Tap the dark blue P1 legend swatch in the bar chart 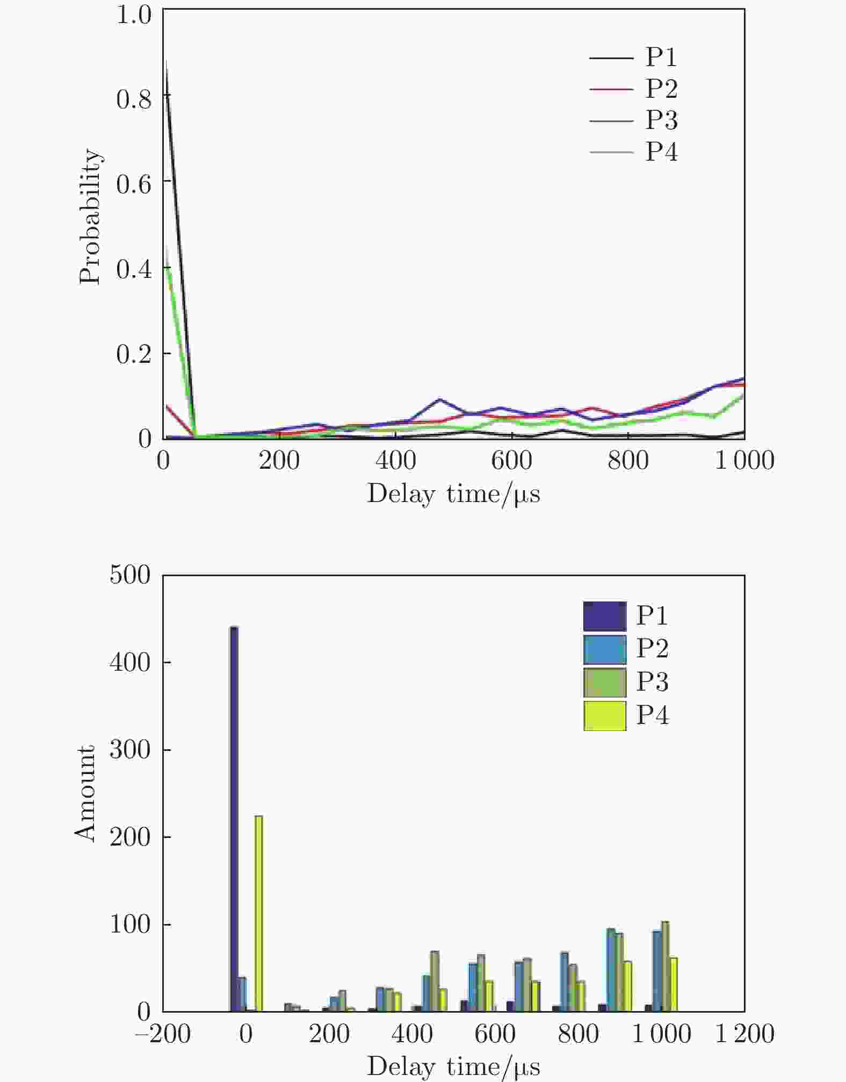point(605,617)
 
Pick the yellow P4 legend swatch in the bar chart point(605,716)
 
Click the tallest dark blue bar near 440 point(234,817)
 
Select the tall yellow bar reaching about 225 point(258,914)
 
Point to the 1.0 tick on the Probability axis point(134,15)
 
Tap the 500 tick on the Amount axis point(131,575)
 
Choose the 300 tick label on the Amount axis point(131,750)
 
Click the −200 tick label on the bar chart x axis point(163,1034)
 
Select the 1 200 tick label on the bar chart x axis point(744,1034)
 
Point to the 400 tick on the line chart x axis point(395,461)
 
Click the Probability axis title point(89,216)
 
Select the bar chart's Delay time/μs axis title point(453,1067)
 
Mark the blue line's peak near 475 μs point(440,399)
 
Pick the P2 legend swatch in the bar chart point(605,650)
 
